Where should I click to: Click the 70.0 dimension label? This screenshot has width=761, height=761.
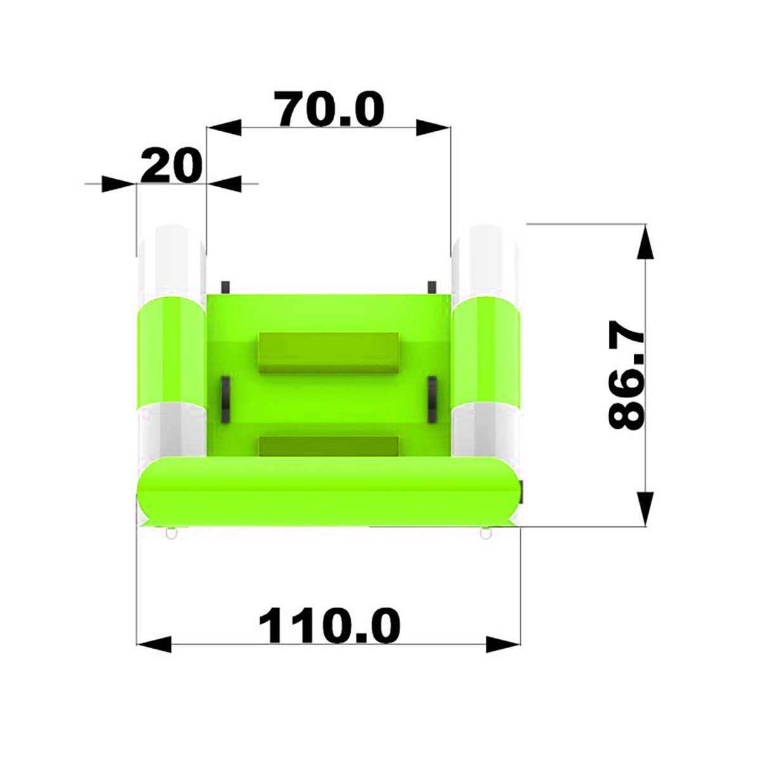(x=329, y=108)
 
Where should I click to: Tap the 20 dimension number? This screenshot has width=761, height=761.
(x=171, y=166)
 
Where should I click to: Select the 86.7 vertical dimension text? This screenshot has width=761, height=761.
(x=626, y=375)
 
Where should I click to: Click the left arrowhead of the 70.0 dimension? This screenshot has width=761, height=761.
(x=224, y=127)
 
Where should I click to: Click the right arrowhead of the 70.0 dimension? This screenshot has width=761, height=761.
(x=433, y=127)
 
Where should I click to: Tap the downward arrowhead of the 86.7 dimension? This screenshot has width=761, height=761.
(x=646, y=509)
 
